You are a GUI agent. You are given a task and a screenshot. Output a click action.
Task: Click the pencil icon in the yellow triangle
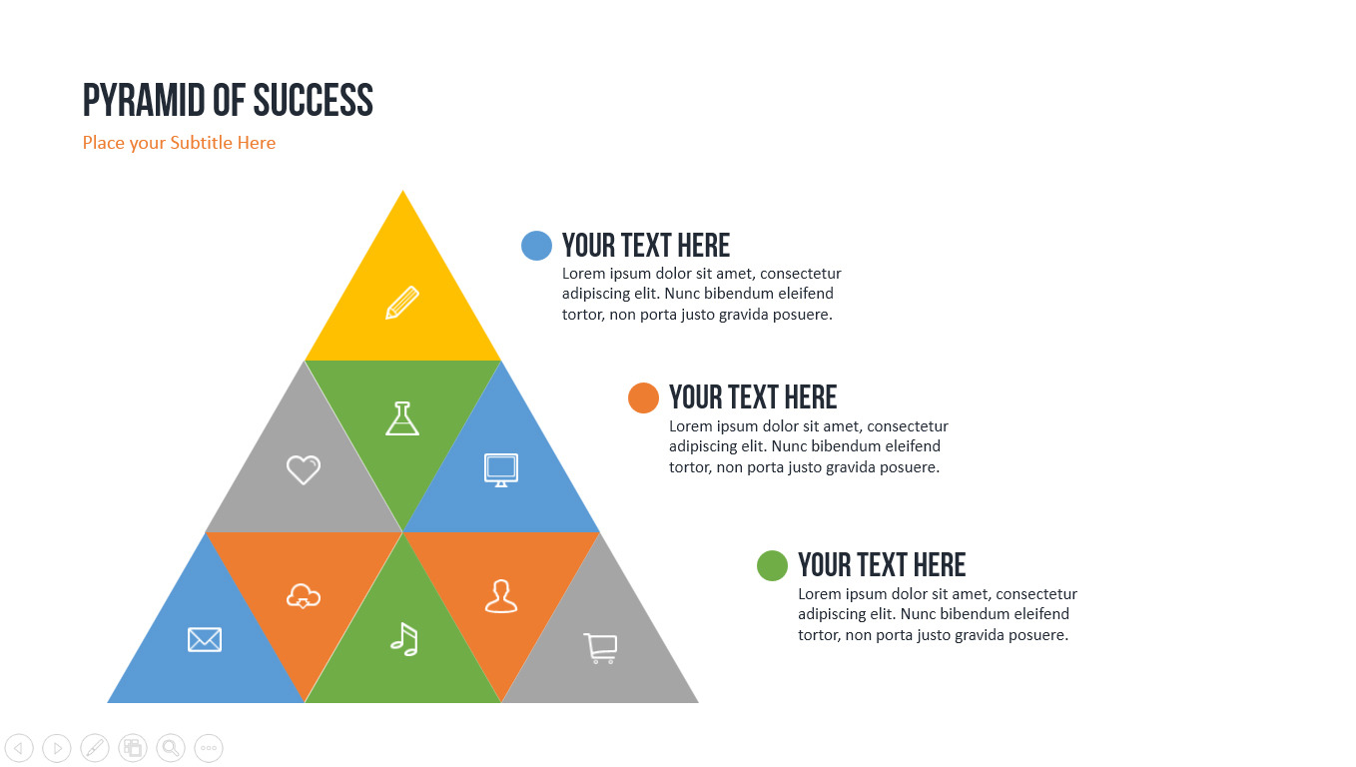402,302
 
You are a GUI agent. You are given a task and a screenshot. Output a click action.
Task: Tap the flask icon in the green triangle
402,418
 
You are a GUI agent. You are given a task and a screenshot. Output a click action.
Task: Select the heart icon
304,469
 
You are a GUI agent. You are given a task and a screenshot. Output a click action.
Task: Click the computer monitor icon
501,469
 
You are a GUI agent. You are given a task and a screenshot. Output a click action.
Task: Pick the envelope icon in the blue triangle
205,640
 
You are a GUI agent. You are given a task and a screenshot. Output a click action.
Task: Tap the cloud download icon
304,596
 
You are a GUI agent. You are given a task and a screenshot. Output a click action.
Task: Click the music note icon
404,639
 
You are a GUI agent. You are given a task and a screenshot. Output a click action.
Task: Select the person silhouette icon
501,596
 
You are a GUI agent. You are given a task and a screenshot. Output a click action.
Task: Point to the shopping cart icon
600,648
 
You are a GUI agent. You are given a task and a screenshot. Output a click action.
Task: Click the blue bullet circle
536,246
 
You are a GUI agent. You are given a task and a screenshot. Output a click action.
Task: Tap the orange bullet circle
643,397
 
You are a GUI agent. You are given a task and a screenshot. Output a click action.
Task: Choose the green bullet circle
773,565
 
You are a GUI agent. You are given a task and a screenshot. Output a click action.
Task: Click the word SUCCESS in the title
313,101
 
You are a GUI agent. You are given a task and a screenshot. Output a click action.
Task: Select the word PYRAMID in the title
144,101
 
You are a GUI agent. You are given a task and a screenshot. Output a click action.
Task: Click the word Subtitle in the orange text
201,143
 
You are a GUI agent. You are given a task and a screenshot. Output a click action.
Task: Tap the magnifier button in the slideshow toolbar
171,748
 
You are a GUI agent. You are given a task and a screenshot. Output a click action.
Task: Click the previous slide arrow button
19,748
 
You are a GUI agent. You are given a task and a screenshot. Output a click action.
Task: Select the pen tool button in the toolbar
95,748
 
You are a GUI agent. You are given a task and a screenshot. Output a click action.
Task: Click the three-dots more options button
209,748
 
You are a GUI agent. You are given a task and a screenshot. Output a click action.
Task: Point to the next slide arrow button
57,748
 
